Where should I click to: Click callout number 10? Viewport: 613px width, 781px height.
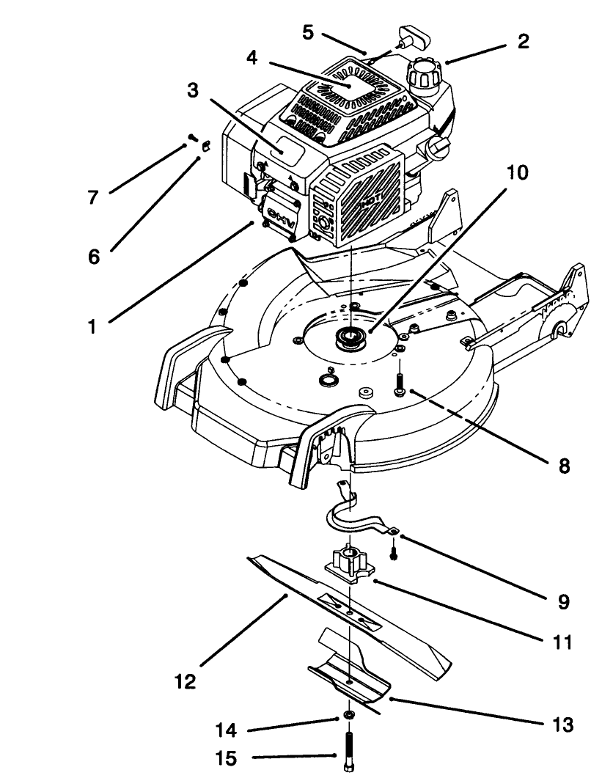pyautogui.click(x=517, y=173)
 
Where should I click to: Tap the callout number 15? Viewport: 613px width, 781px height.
pyautogui.click(x=227, y=758)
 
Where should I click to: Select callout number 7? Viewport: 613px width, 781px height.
pyautogui.click(x=94, y=198)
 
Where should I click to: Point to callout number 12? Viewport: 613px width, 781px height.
pyautogui.click(x=185, y=681)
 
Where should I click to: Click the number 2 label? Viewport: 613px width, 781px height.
pyautogui.click(x=523, y=41)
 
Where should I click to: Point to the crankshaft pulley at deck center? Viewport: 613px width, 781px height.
pyautogui.click(x=350, y=339)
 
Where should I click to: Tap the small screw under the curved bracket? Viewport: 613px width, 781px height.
pyautogui.click(x=394, y=551)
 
